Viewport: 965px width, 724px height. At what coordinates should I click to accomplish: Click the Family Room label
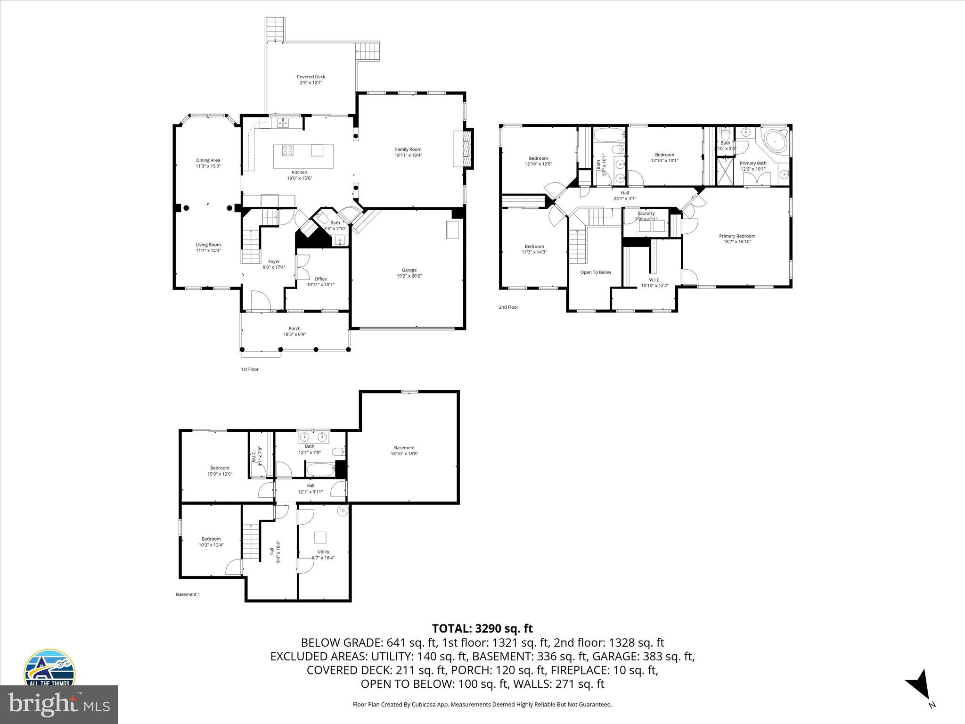coord(408,149)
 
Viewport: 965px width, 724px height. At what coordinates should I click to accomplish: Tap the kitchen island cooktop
coord(287,150)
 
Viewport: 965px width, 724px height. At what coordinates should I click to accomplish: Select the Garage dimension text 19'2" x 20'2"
coord(409,276)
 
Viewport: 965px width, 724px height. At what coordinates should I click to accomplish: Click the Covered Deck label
coord(311,77)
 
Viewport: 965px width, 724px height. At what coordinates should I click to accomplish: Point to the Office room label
coord(320,279)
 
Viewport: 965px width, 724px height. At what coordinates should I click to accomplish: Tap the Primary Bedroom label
coord(737,236)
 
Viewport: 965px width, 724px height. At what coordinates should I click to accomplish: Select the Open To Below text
coord(596,272)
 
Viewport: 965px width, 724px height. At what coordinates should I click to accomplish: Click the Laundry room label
coord(646,214)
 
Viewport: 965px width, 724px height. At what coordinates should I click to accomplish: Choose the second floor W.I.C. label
coord(654,280)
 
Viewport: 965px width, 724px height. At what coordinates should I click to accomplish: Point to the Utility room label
coord(323,551)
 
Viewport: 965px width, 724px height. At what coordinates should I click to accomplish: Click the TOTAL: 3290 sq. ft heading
coord(482,628)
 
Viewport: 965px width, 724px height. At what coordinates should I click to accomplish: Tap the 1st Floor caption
coord(250,369)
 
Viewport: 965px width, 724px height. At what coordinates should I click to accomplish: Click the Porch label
coord(294,329)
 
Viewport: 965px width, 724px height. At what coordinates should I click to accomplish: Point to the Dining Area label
coord(208,160)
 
